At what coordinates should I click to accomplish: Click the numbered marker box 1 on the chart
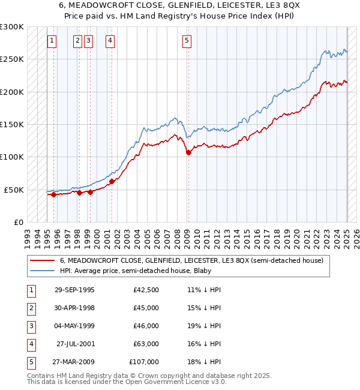coord(52,41)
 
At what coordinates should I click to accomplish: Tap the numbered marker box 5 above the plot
coord(187,41)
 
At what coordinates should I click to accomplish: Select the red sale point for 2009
coord(188,152)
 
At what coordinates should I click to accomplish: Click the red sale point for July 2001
coord(112,181)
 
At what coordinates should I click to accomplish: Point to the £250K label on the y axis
coord(12,59)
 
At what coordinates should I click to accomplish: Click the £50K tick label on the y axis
coord(14,190)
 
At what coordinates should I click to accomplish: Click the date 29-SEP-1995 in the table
coord(74,290)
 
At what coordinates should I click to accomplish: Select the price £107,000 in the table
coord(144,362)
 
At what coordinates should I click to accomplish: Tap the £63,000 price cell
coord(146,344)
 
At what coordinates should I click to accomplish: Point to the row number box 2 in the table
coord(31,308)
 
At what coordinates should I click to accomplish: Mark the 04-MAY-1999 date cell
coord(74,326)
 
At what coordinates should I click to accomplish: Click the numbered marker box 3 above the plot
coord(88,41)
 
